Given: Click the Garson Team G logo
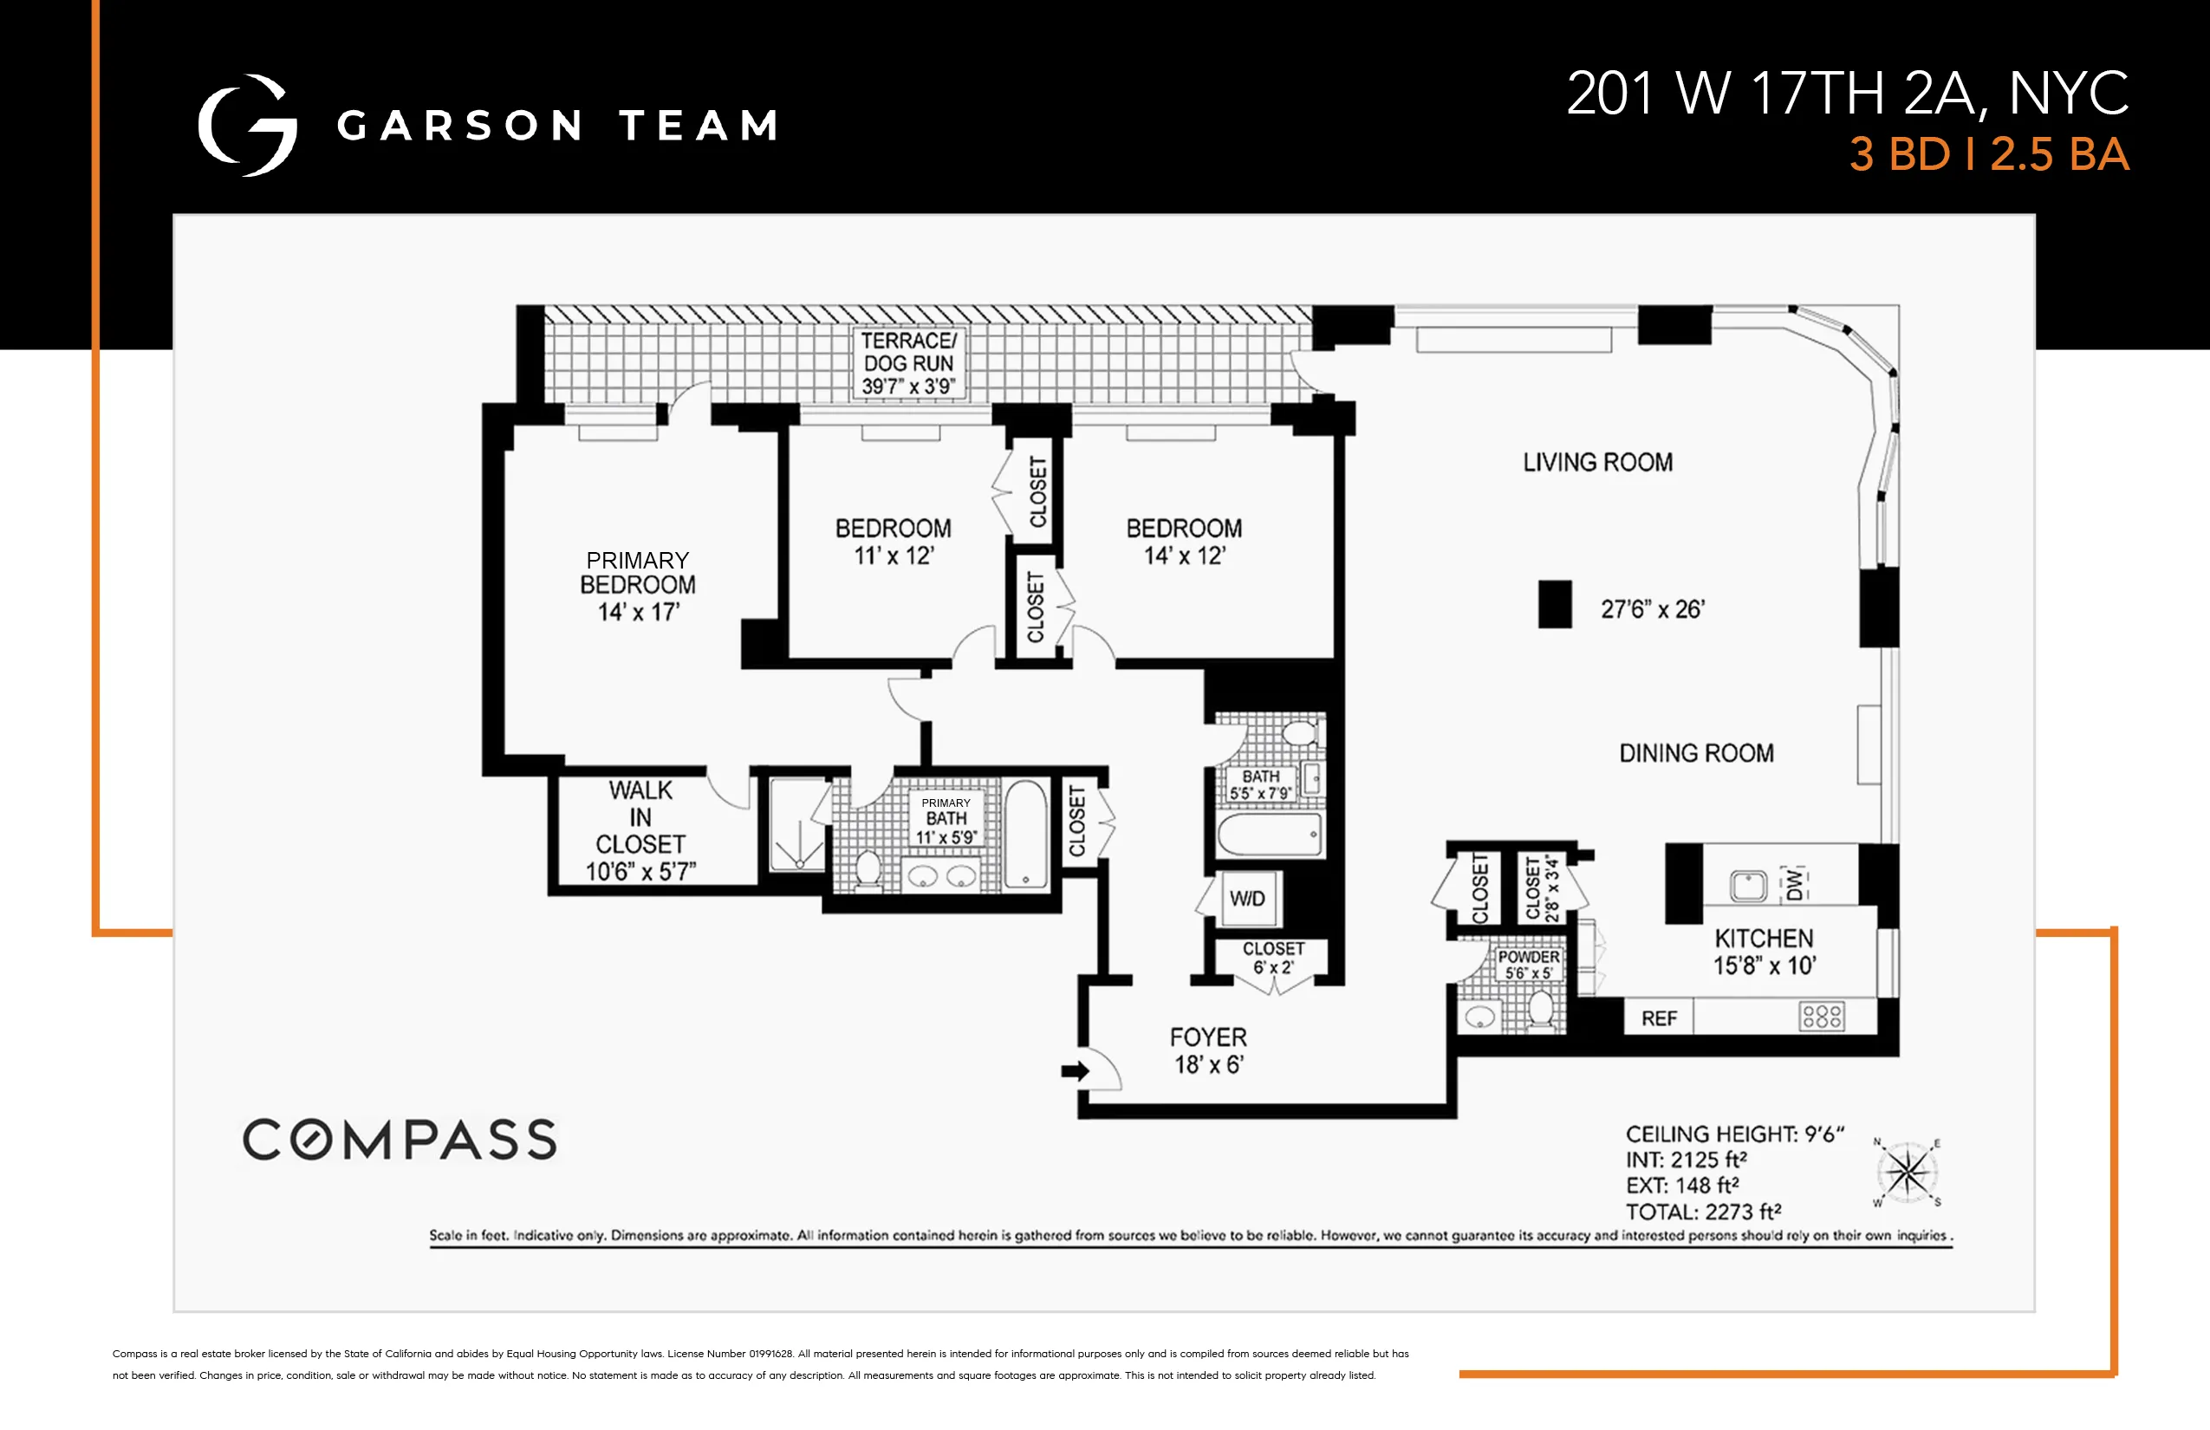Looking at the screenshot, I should tap(248, 126).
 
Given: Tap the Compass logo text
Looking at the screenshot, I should tap(400, 1140).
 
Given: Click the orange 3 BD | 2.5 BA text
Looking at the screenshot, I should tap(1988, 154).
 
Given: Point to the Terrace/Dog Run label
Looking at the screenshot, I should tap(908, 363).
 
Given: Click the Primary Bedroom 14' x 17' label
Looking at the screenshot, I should tap(638, 585).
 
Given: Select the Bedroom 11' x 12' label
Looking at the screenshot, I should tap(894, 542).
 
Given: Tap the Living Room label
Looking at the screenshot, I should tap(1597, 463).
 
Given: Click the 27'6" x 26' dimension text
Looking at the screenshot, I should tap(1652, 609).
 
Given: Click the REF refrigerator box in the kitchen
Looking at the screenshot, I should tap(1659, 1018).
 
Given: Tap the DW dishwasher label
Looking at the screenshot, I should tap(1794, 884).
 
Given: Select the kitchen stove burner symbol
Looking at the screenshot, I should tap(1822, 1016).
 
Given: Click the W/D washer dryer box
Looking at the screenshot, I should tap(1247, 899).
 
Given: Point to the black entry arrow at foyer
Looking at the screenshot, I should tap(1075, 1071).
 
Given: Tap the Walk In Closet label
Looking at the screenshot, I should tap(640, 830).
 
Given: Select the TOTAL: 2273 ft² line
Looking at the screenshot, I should tap(1703, 1212).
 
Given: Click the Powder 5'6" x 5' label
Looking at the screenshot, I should tap(1527, 964).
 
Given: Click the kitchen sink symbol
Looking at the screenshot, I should tap(1747, 885).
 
